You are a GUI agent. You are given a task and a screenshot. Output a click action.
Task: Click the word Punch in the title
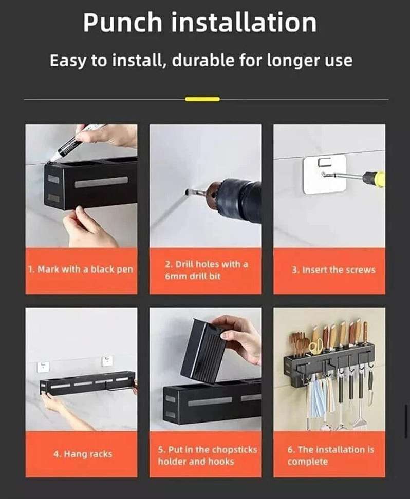(123, 23)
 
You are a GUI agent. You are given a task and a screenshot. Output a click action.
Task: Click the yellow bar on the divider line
(202, 99)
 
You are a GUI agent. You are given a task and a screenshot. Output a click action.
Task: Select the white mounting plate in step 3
(325, 174)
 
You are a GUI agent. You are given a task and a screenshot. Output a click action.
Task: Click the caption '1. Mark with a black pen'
(80, 270)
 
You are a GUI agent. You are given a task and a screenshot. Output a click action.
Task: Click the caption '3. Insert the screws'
(333, 270)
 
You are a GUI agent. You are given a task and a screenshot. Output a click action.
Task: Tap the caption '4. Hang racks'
(83, 454)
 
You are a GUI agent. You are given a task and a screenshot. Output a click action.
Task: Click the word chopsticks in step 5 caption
(234, 450)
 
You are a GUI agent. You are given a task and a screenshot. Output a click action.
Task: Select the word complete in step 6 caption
(307, 462)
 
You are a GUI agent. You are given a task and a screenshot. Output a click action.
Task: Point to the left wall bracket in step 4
(43, 367)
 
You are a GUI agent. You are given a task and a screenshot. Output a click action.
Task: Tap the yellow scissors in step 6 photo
(315, 346)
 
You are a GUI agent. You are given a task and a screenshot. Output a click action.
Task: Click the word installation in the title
(244, 23)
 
